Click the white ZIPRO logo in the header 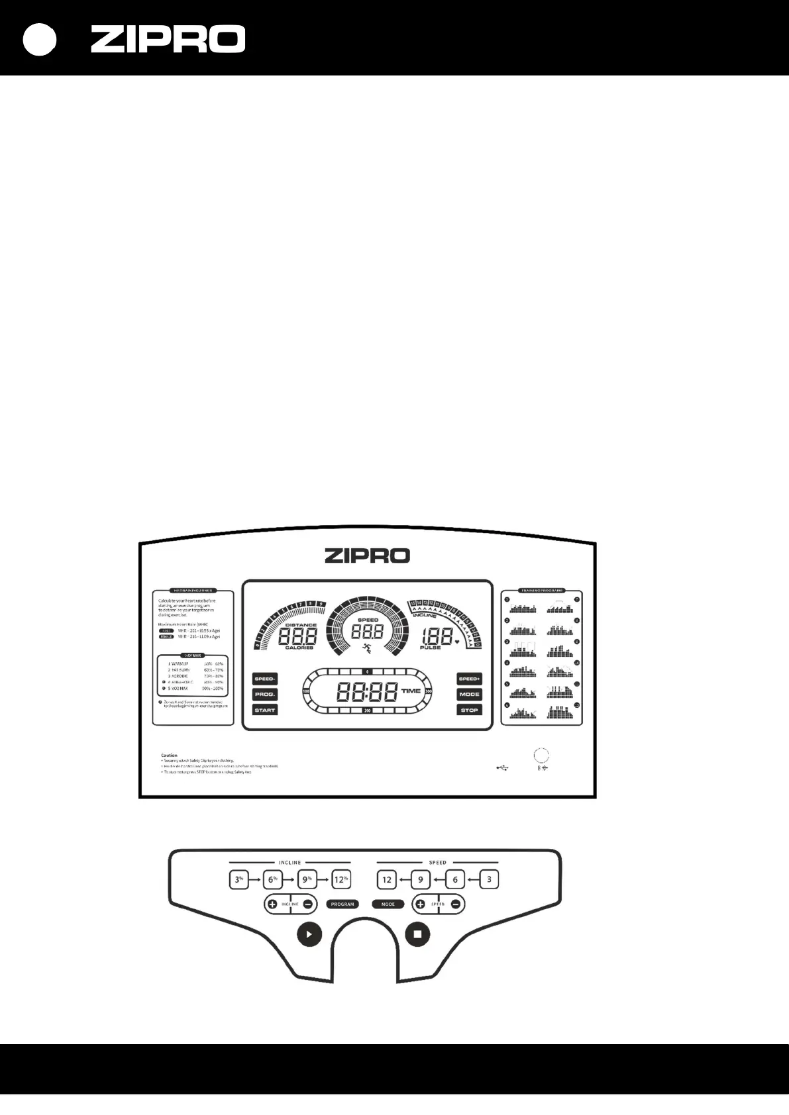point(168,39)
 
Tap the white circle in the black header point(40,40)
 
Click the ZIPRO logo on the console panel point(367,556)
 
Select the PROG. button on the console point(264,695)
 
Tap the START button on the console point(264,710)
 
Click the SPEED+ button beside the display point(469,679)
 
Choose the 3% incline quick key point(239,880)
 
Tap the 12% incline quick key point(341,880)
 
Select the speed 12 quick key point(387,880)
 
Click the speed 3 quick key point(489,880)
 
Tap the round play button point(309,934)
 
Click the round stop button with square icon point(417,934)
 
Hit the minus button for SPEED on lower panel point(456,904)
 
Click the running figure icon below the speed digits point(366,649)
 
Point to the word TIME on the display point(411,691)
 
